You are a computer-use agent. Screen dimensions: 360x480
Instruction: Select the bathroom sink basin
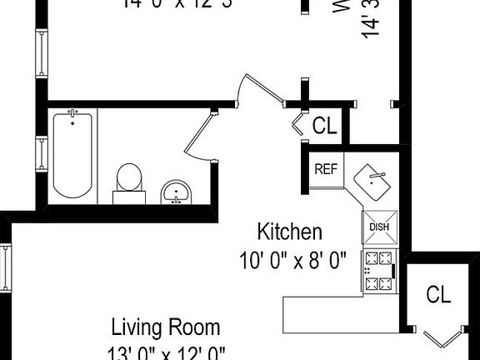[x=176, y=192]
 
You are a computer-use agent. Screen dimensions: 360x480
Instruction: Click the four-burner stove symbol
[x=377, y=272]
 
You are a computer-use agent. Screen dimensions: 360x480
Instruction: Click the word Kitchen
[x=289, y=231]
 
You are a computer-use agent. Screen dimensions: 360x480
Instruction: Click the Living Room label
[x=167, y=326]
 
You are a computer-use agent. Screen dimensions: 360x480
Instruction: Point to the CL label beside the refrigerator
[x=324, y=126]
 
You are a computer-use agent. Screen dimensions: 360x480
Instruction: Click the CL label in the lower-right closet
[x=438, y=294]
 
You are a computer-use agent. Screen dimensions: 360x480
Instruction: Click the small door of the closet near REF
[x=298, y=126]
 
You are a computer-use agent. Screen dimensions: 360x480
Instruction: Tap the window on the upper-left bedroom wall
[x=39, y=52]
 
